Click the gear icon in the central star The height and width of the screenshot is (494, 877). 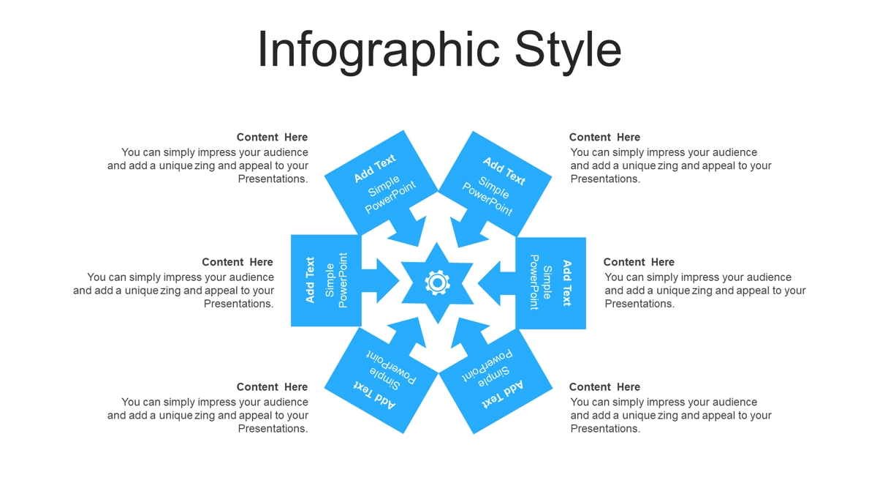click(437, 282)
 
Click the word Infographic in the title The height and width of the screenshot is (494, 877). click(379, 50)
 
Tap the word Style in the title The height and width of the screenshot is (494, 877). click(568, 50)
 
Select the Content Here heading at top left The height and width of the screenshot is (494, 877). click(272, 138)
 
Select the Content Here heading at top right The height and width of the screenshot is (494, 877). click(604, 138)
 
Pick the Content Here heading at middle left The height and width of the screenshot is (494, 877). click(238, 262)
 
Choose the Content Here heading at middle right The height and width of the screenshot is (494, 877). click(639, 262)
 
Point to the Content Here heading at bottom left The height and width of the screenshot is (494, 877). click(272, 387)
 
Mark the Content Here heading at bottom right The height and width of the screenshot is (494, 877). click(604, 387)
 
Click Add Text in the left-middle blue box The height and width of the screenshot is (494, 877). click(310, 280)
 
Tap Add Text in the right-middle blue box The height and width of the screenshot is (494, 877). click(566, 282)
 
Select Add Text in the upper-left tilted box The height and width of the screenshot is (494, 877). click(375, 168)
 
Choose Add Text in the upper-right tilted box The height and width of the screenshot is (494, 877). click(504, 171)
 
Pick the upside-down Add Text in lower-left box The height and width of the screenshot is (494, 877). click(375, 394)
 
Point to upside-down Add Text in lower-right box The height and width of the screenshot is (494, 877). click(502, 394)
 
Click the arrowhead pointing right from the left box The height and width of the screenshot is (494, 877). click(388, 281)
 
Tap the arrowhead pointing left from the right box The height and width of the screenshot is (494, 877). click(489, 283)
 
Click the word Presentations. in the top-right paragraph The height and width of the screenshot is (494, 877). click(605, 179)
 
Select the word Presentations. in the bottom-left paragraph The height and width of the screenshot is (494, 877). click(273, 429)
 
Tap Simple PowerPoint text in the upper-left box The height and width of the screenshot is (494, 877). click(390, 195)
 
